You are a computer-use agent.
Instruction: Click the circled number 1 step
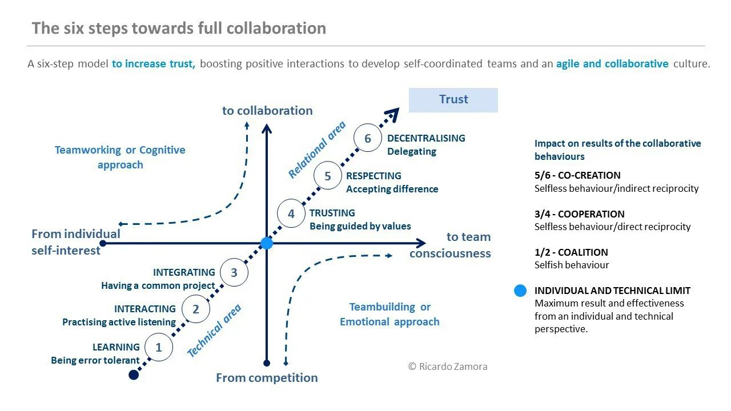pyautogui.click(x=159, y=347)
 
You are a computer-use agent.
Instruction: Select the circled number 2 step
pyautogui.click(x=196, y=309)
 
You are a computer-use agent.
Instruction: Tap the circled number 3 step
pyautogui.click(x=234, y=272)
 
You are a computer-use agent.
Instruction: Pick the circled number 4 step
pyautogui.click(x=291, y=214)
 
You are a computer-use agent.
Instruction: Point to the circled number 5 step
pyautogui.click(x=328, y=176)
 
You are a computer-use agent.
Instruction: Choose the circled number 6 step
pyautogui.click(x=368, y=139)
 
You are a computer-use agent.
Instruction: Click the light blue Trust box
pyautogui.click(x=453, y=99)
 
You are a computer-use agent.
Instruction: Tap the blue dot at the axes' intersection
pyautogui.click(x=267, y=243)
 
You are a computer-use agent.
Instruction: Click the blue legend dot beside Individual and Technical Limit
pyautogui.click(x=520, y=291)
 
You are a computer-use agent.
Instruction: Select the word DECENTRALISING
pyautogui.click(x=426, y=138)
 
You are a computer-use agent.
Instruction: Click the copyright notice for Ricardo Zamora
pyautogui.click(x=448, y=366)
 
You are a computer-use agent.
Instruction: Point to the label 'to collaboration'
pyautogui.click(x=267, y=111)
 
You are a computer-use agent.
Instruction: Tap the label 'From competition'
pyautogui.click(x=267, y=378)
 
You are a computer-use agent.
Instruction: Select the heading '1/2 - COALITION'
pyautogui.click(x=571, y=252)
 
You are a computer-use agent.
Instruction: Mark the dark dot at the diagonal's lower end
pyautogui.click(x=134, y=374)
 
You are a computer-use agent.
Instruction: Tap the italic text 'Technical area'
pyautogui.click(x=214, y=331)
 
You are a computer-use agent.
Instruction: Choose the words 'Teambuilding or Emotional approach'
pyautogui.click(x=389, y=315)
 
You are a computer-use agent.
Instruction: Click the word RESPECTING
pyautogui.click(x=373, y=176)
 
